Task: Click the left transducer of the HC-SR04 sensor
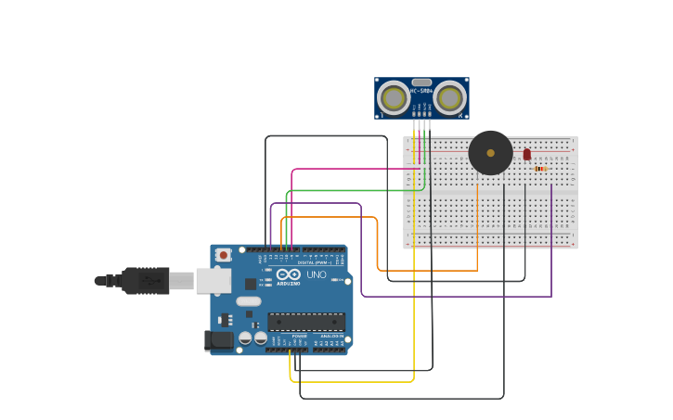point(393,97)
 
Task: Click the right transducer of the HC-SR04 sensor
point(449,97)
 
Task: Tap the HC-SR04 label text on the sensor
point(422,91)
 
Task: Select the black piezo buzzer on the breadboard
point(490,153)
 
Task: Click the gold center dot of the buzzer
point(490,153)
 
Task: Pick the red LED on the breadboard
point(526,154)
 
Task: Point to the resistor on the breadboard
point(540,169)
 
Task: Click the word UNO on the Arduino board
point(317,274)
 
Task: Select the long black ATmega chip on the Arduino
point(306,322)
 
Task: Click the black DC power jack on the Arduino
point(219,340)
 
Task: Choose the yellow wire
point(414,278)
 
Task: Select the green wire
point(353,191)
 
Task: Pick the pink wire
point(353,169)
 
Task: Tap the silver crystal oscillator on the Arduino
point(249,301)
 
